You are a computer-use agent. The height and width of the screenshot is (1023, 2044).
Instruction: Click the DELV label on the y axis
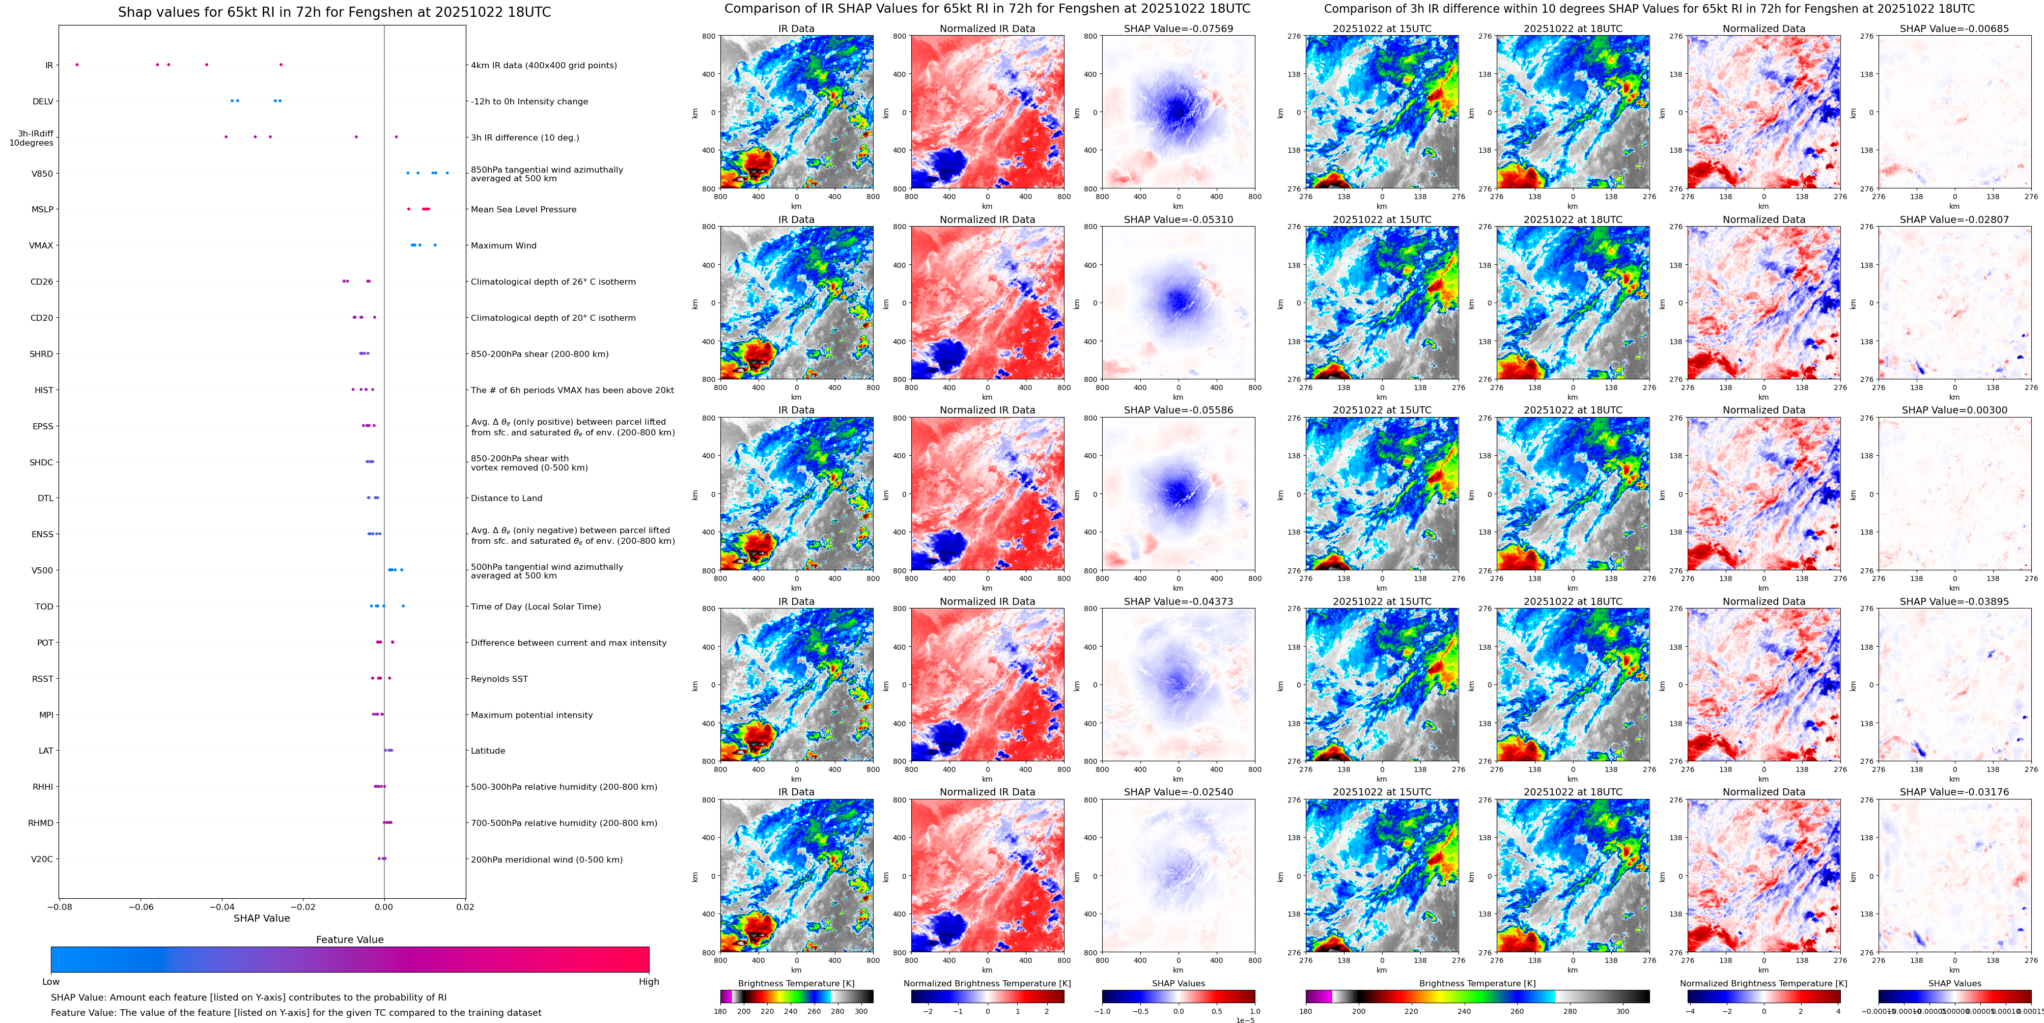[x=43, y=101]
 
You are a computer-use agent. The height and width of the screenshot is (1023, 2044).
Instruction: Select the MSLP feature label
[x=42, y=209]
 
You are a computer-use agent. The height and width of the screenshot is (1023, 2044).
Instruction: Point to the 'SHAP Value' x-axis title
[x=262, y=918]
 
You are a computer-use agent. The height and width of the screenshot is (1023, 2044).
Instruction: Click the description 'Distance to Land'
[x=506, y=499]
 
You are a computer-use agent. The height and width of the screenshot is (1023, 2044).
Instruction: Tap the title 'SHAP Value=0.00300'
[x=1954, y=410]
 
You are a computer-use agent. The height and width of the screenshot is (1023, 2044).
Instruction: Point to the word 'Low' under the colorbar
[x=51, y=982]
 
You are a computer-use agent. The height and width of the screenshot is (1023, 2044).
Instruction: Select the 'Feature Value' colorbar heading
[x=350, y=939]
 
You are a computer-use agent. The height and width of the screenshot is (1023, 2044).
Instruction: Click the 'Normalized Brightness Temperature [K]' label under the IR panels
[x=987, y=983]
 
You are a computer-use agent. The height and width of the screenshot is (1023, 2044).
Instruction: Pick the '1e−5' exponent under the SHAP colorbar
[x=1245, y=1020]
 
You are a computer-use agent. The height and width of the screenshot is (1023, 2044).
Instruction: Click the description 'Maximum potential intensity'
[x=531, y=715]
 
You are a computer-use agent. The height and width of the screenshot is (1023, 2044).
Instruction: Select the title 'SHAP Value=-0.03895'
[x=1954, y=601]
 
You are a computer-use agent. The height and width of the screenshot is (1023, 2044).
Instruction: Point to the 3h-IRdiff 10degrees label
[x=32, y=138]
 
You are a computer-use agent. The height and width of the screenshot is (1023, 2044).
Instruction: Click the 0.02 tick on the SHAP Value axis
[x=465, y=907]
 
